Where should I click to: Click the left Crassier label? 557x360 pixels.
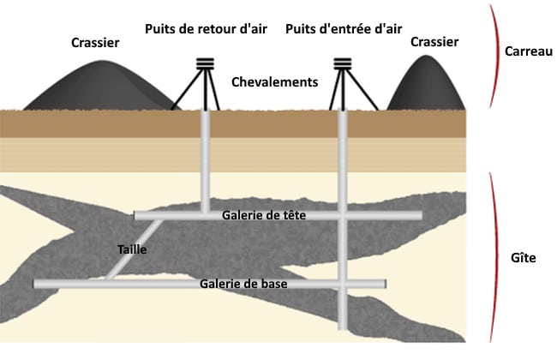pos(96,42)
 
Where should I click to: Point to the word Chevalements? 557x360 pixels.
pos(275,82)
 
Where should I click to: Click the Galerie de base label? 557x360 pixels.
pos(244,284)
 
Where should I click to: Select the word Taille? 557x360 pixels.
pos(133,249)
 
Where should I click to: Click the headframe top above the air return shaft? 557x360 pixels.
pos(205,63)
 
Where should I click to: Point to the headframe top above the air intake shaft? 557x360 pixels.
pos(344,63)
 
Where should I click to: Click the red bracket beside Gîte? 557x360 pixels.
pos(495,257)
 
